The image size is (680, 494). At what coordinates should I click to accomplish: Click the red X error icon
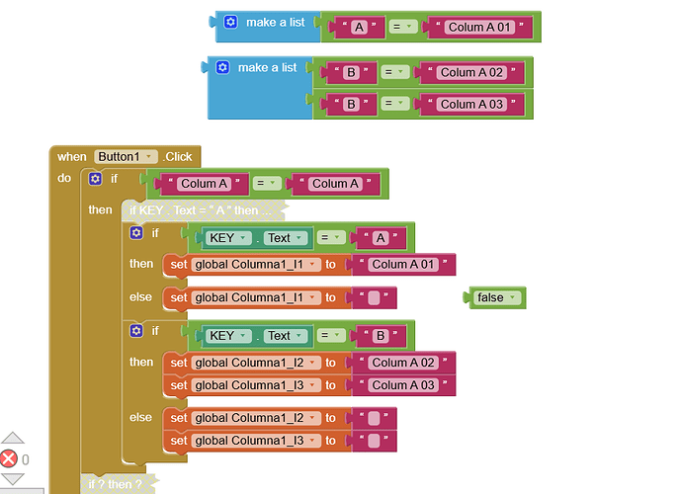(9, 458)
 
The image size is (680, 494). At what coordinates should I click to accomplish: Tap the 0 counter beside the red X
(26, 459)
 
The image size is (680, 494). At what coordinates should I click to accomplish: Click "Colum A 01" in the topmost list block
(479, 28)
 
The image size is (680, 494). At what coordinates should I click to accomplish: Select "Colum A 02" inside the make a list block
(471, 72)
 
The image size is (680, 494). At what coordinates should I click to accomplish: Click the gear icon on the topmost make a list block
(231, 22)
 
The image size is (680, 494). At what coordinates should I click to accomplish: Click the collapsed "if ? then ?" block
(115, 484)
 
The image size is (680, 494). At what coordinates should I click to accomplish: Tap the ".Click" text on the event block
(179, 157)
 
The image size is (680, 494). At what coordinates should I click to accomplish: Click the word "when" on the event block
(72, 157)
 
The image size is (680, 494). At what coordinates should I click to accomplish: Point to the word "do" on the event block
(64, 179)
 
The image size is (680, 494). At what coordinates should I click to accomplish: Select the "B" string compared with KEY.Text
(379, 335)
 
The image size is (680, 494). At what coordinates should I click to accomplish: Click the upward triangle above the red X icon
(12, 438)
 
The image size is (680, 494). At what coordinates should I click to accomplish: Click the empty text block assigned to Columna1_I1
(373, 297)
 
